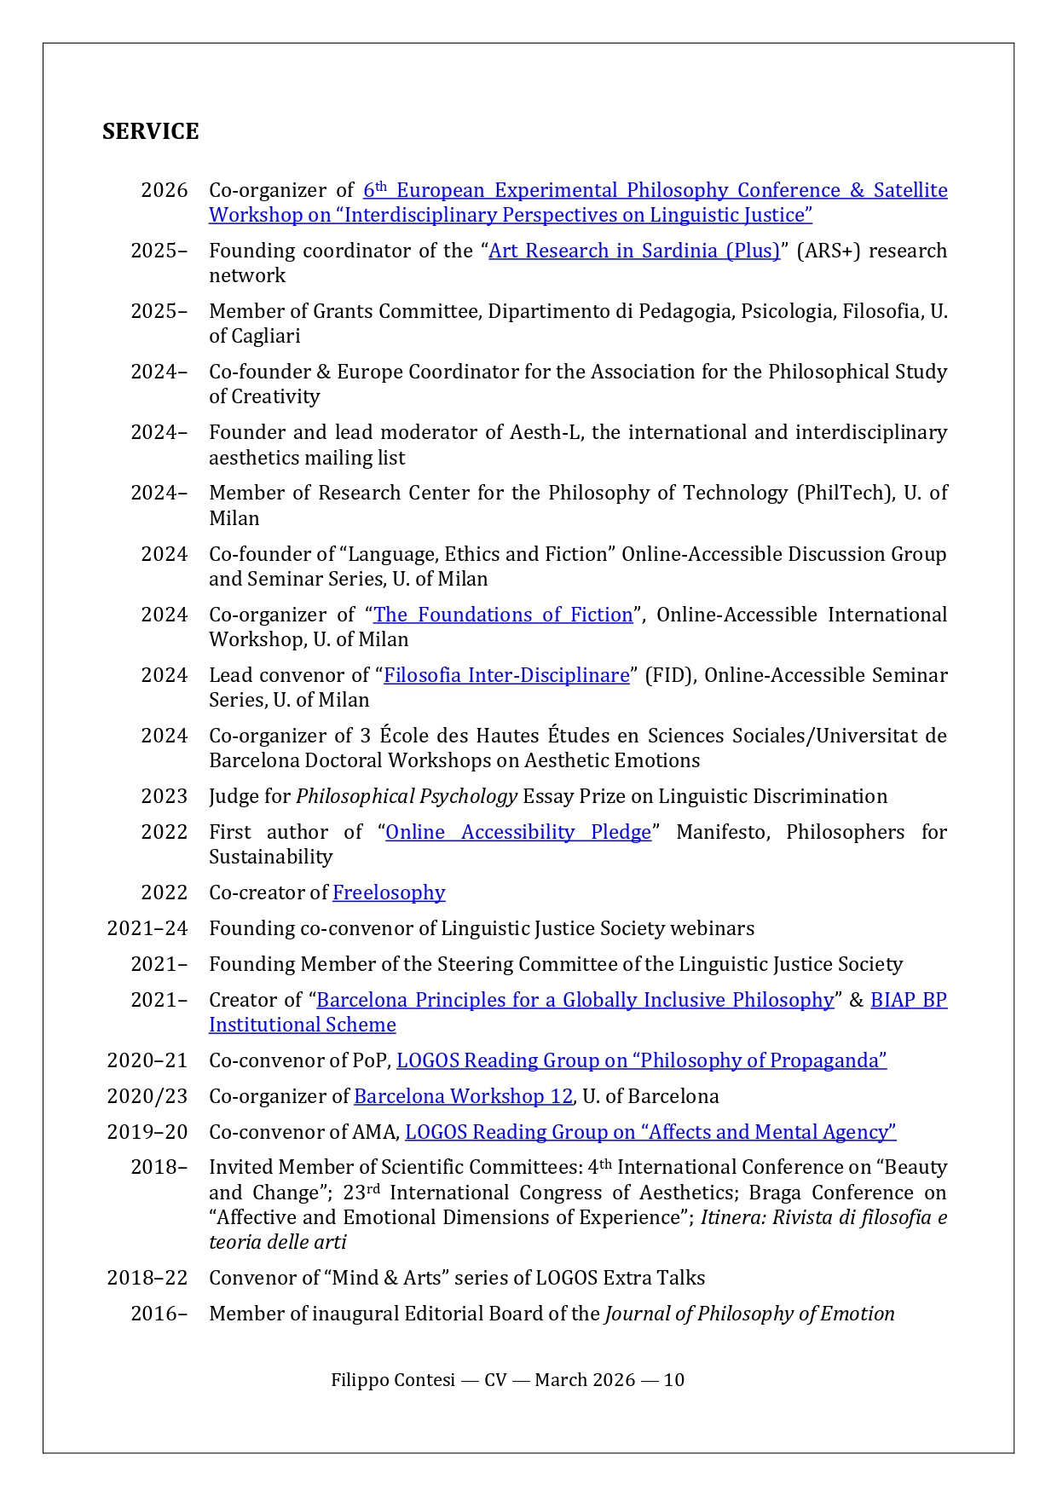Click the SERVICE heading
click(150, 131)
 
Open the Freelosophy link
click(389, 892)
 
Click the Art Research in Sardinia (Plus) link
click(633, 251)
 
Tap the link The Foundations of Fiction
click(503, 615)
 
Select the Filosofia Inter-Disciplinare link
click(506, 675)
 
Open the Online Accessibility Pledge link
click(518, 832)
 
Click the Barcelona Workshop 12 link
click(463, 1096)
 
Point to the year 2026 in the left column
click(164, 190)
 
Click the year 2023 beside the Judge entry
click(164, 796)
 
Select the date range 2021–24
click(147, 928)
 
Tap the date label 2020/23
click(147, 1096)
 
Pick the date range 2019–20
click(147, 1132)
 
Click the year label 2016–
click(159, 1314)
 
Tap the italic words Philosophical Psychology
click(406, 796)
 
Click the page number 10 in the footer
click(673, 1380)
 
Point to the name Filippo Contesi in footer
click(393, 1380)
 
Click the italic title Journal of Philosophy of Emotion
click(749, 1314)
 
